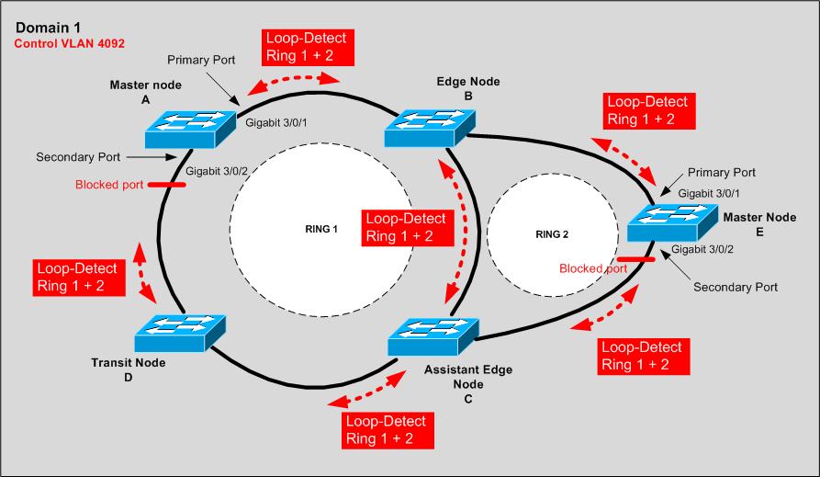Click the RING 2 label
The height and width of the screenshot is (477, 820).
pos(552,234)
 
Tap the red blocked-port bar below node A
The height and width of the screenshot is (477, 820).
pos(165,186)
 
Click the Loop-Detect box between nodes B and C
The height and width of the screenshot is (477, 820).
pos(405,227)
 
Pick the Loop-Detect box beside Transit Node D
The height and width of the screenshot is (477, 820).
pos(76,277)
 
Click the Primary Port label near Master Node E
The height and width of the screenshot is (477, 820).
pos(722,172)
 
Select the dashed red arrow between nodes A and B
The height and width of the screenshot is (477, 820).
pos(296,84)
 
